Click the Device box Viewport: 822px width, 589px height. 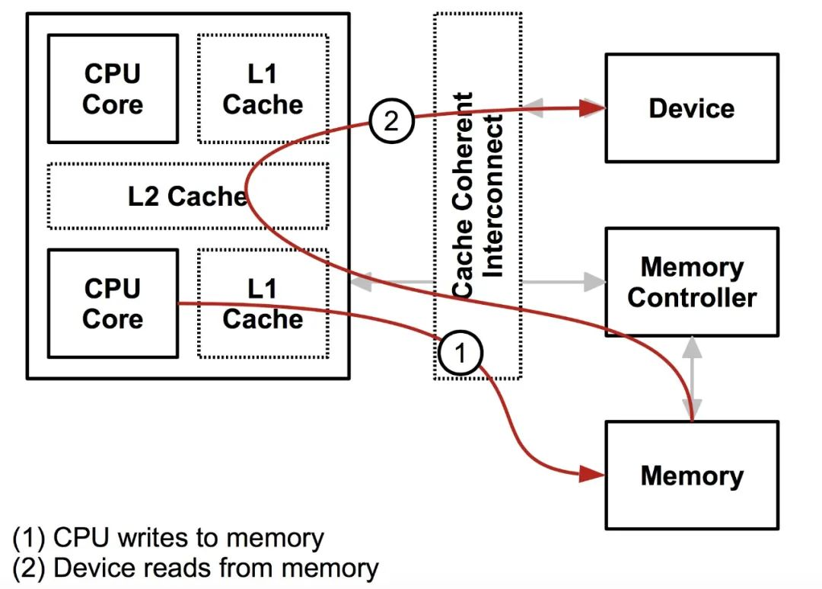(691, 107)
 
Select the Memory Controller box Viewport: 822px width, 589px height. (691, 282)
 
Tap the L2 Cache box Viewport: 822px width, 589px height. (188, 196)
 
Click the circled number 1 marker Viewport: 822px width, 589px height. (459, 352)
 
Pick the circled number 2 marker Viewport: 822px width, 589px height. (390, 121)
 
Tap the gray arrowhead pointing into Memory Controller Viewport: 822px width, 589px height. (594, 282)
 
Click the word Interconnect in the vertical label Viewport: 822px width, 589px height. (494, 195)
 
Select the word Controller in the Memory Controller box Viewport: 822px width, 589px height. (691, 297)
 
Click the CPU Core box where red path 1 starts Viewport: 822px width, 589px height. (113, 303)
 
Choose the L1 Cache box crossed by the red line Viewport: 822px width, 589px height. (263, 303)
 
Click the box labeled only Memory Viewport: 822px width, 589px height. (691, 475)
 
